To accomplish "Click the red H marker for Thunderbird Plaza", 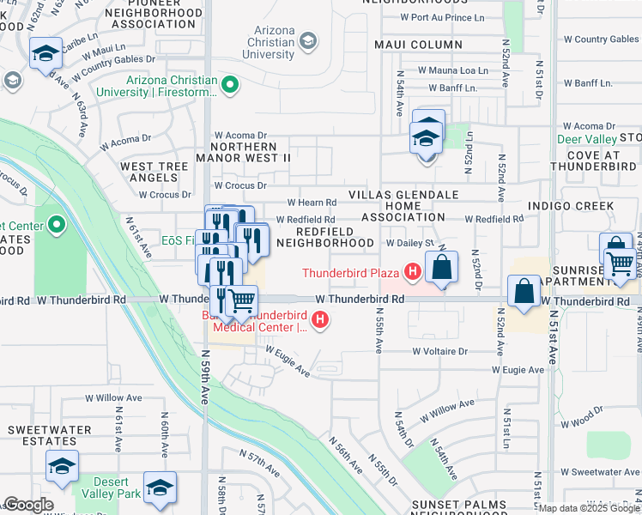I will coord(412,274).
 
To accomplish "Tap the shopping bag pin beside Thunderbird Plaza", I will coord(441,268).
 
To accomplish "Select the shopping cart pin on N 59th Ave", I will coord(242,300).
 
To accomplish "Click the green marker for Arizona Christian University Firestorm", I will coord(229,84).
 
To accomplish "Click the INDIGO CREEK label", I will coord(571,206).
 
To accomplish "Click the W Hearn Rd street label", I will coord(311,203).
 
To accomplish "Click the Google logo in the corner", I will coord(29,505).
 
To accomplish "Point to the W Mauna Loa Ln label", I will coord(452,70).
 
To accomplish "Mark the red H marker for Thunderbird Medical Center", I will coord(320,321).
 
